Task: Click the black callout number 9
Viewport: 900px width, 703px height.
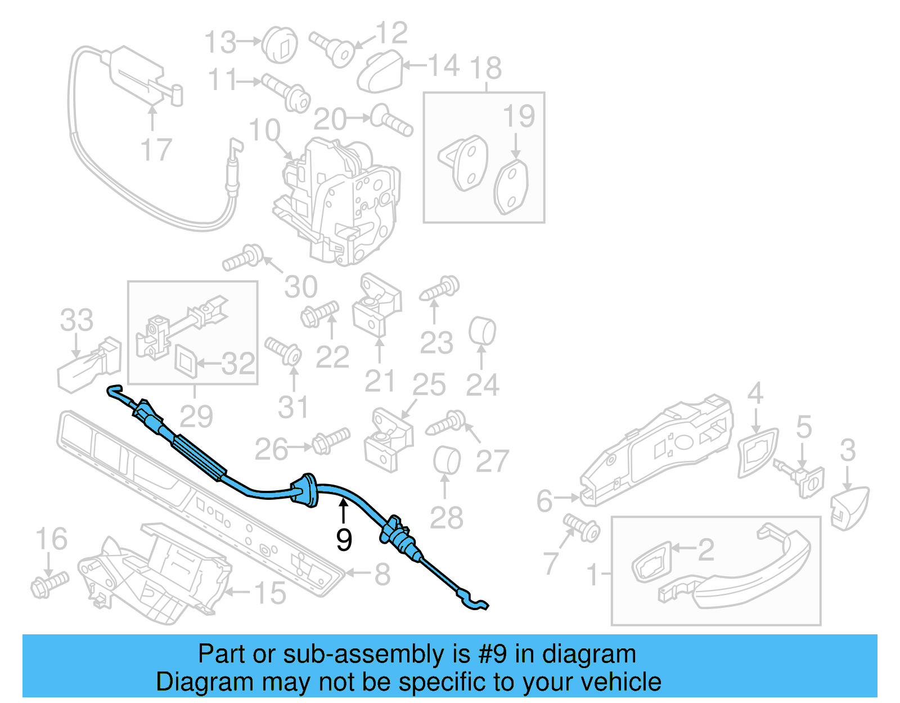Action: pos(344,539)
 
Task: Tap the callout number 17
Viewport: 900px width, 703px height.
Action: pos(155,150)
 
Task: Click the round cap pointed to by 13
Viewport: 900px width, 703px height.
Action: pos(280,43)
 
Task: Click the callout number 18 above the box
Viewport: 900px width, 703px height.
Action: pos(486,68)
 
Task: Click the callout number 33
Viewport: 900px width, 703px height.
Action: pos(76,320)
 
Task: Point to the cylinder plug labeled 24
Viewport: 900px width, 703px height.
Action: pos(482,332)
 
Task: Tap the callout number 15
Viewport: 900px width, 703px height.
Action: pos(270,593)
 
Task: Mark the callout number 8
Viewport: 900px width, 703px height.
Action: pos(382,574)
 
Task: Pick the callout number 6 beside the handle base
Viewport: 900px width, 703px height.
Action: pos(544,500)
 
